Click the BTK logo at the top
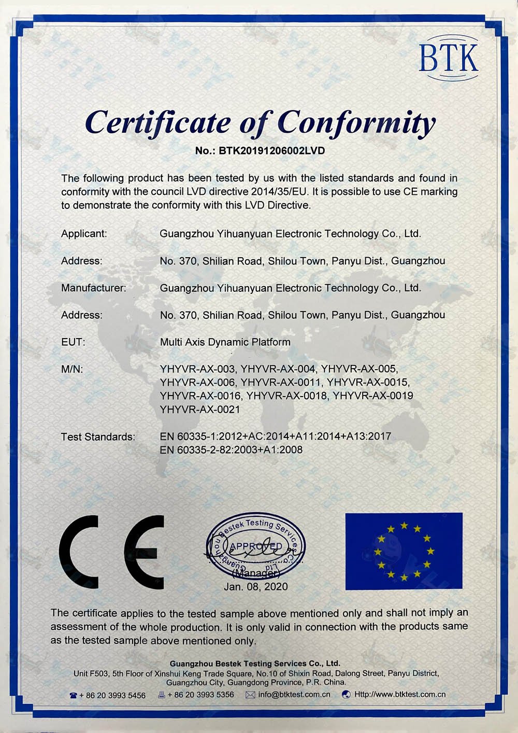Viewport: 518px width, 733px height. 449,58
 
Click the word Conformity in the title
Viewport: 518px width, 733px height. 356,122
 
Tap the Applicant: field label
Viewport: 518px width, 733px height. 84,234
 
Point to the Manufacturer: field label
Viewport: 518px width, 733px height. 93,288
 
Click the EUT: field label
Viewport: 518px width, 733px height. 73,342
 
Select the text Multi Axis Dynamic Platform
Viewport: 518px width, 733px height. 225,342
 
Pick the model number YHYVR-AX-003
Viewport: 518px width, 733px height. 197,369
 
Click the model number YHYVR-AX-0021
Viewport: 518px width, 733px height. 200,410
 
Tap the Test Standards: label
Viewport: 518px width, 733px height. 98,436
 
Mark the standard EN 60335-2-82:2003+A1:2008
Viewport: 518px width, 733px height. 231,450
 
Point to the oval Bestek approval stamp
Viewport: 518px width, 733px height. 256,548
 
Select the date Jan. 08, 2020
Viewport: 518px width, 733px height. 255,586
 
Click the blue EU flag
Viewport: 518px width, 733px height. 404,551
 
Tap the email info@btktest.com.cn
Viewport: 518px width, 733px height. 294,694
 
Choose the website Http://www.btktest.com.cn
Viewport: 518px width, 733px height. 399,694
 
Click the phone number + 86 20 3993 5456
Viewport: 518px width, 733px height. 112,695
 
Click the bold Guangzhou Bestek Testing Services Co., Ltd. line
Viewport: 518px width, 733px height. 255,664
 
